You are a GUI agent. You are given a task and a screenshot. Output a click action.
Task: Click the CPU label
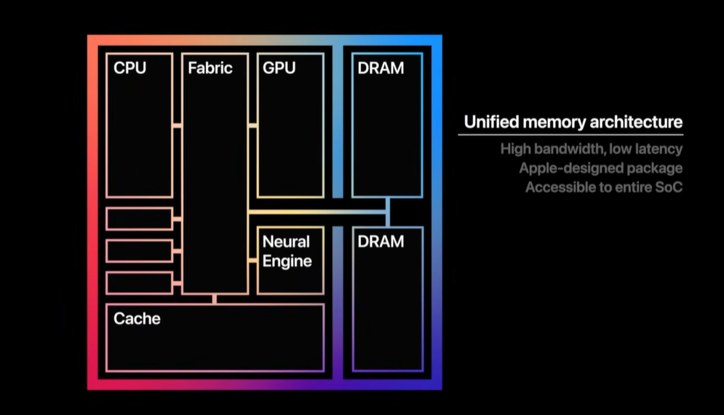coord(130,68)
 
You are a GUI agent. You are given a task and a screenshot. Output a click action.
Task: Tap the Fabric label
coord(210,68)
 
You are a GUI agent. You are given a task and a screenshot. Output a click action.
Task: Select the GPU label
coord(279,68)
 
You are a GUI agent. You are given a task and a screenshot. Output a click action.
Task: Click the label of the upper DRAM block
coord(381,68)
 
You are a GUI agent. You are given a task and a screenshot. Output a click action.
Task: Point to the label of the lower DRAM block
coord(381,242)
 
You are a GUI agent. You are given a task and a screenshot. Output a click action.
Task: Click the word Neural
coord(286,242)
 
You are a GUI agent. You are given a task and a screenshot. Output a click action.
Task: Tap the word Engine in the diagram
coord(287,261)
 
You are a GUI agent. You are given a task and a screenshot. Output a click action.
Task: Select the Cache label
coord(137,318)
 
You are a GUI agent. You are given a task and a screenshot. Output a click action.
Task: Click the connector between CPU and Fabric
coord(177,126)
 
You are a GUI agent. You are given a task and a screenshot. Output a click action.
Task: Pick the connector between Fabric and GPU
coord(252,126)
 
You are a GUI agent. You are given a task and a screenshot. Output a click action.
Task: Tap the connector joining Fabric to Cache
coord(215,298)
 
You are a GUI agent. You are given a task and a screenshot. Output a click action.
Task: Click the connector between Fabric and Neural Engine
coord(252,259)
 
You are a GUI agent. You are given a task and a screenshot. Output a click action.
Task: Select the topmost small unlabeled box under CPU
coord(139,218)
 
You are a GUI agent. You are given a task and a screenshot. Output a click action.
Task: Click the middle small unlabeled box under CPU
coord(139,250)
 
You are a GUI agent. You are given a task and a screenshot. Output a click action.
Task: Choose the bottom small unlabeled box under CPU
coord(139,282)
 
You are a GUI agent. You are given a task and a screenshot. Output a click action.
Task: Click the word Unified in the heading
coord(490,122)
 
